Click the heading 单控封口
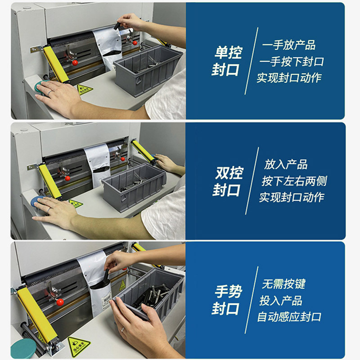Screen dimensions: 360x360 (227, 61)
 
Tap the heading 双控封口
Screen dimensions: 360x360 (228, 181)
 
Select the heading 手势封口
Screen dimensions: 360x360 (227, 300)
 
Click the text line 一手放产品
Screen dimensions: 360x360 (289, 45)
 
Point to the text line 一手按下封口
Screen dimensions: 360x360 (292, 62)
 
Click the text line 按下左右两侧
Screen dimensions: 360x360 (294, 181)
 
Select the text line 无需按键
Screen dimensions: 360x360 (283, 284)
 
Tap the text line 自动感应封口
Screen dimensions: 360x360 (289, 317)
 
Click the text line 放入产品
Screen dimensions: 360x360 (286, 164)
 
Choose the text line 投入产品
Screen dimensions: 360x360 (281, 300)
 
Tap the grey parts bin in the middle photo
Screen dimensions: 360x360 (134, 185)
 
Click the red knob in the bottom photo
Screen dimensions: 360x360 (60, 302)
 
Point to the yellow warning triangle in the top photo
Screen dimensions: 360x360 (85, 89)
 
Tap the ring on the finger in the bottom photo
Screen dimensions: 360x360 (123, 330)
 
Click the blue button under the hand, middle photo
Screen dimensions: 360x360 (36, 201)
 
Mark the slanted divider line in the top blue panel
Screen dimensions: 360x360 (252, 61)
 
